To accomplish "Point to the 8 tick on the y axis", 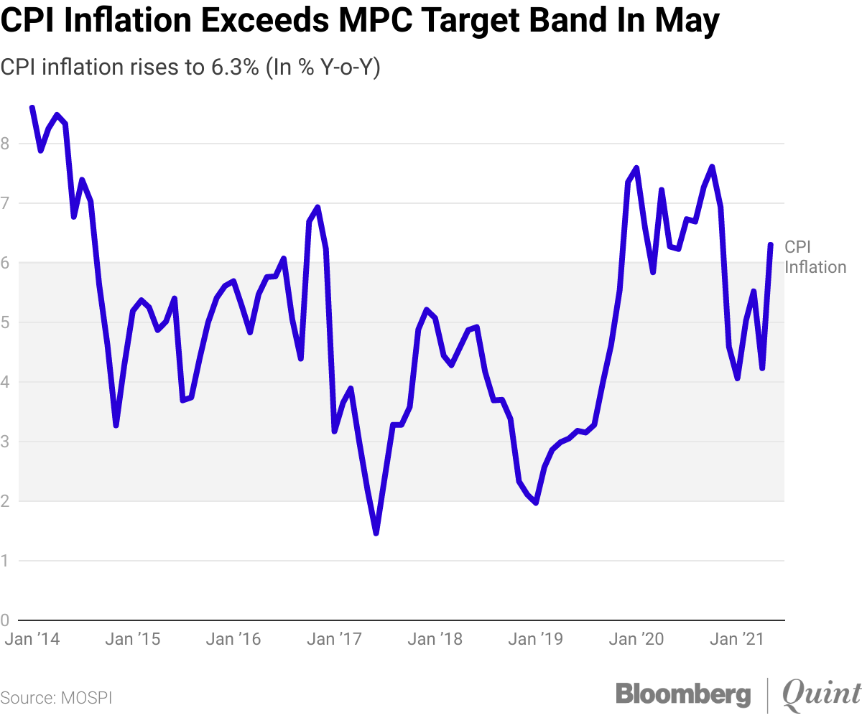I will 5,144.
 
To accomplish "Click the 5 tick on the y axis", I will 5,322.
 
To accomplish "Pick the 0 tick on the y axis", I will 5,620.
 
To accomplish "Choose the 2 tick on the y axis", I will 5,501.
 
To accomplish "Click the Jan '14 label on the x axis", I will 32,639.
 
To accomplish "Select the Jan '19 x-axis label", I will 535,639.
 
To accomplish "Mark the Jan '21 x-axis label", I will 736,639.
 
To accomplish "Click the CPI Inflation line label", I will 815,257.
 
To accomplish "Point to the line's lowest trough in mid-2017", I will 376,533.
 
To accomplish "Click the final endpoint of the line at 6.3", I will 771,245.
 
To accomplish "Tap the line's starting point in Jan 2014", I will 32,108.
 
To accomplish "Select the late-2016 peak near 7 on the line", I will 317,208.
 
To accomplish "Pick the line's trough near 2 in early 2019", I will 536,503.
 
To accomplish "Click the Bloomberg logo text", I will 683,694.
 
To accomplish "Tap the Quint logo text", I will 820,694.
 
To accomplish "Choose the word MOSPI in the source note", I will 88,698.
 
